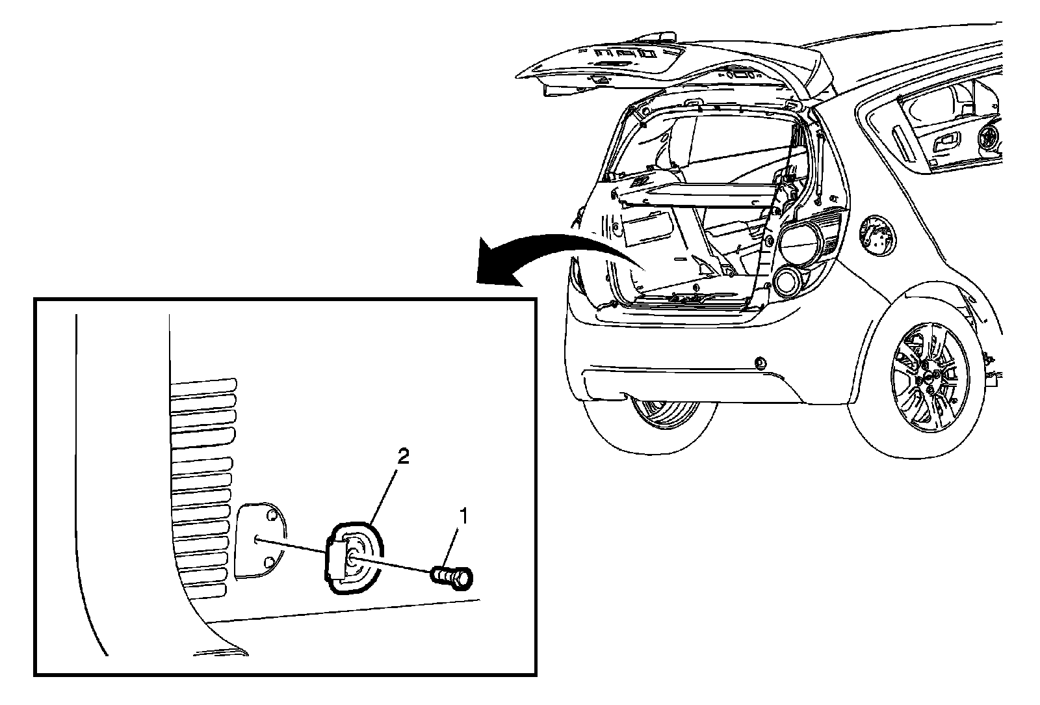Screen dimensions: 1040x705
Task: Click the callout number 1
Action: [x=463, y=516]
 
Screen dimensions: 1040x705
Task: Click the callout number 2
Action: [x=403, y=457]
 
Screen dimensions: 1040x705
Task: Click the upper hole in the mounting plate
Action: [x=272, y=517]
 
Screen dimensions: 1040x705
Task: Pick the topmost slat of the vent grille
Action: [x=203, y=383]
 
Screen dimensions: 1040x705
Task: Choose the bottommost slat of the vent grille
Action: [x=199, y=591]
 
